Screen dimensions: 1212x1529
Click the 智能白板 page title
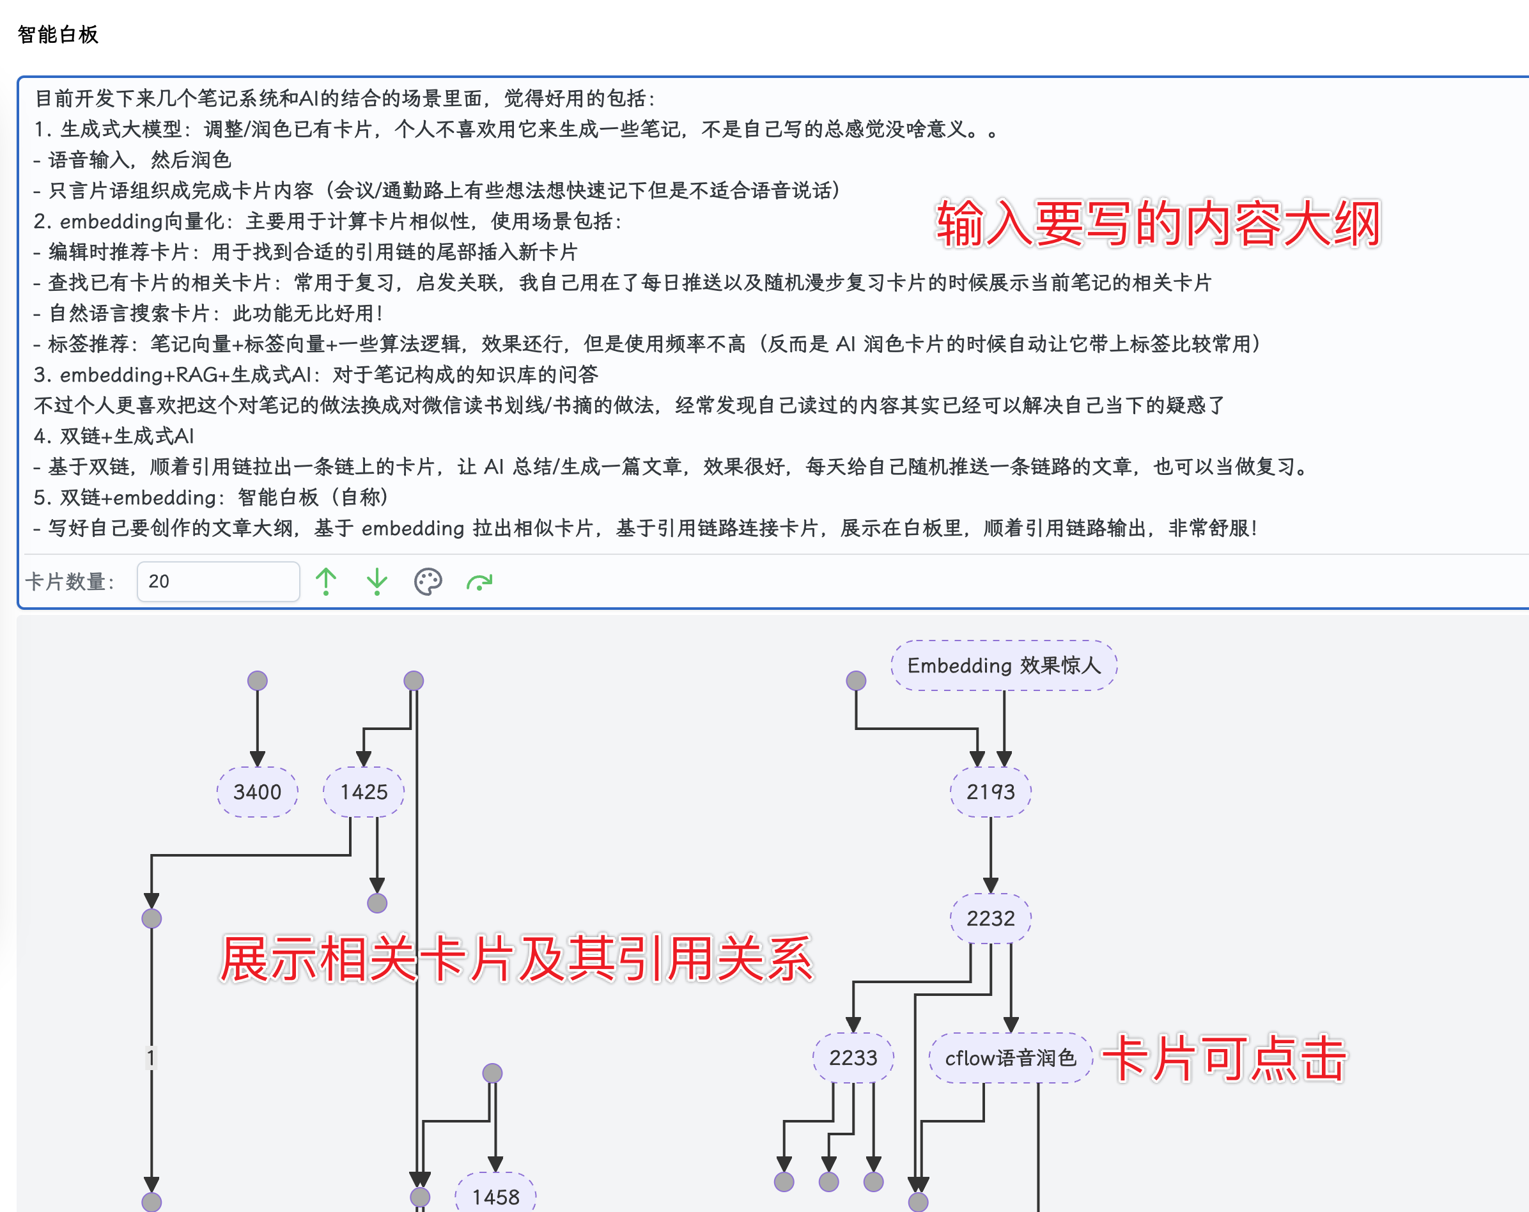coord(58,34)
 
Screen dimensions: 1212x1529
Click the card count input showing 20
coord(218,582)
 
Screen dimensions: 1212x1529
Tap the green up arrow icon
coord(326,582)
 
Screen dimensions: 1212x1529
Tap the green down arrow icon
coord(376,582)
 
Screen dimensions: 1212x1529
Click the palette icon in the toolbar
coord(428,582)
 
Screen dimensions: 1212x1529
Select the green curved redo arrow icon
coord(479,582)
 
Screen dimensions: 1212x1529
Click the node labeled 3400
coord(258,792)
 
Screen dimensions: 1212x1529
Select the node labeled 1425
coord(364,792)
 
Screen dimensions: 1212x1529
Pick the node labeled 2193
coord(991,792)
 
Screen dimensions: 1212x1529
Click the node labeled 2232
coord(991,919)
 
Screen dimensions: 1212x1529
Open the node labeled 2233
coord(853,1058)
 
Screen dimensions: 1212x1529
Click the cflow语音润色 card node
coord(1011,1058)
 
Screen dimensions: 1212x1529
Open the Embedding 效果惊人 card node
coord(1004,665)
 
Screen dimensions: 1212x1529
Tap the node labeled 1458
coord(496,1197)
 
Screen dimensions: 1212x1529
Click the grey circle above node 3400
coord(258,681)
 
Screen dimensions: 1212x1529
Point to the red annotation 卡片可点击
coord(1224,1058)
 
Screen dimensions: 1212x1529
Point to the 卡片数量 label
coord(70,582)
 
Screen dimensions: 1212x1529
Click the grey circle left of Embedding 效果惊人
coord(856,681)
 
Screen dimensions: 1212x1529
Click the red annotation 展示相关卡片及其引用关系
coord(516,959)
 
